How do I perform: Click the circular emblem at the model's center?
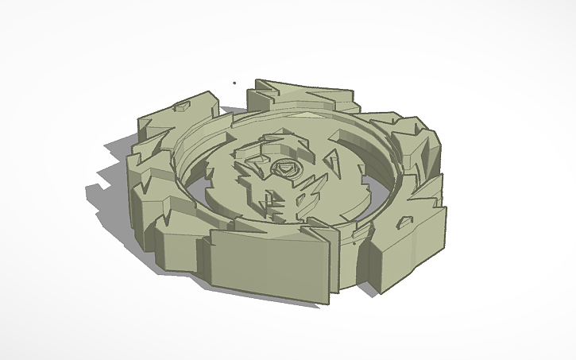284,168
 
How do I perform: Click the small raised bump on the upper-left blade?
184,103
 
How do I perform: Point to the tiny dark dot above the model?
234,81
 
